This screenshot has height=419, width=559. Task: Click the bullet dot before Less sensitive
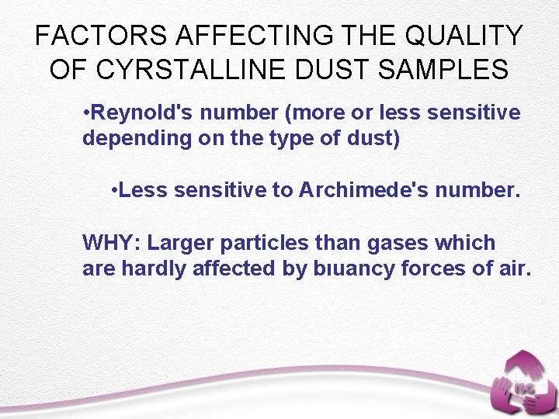click(x=114, y=191)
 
